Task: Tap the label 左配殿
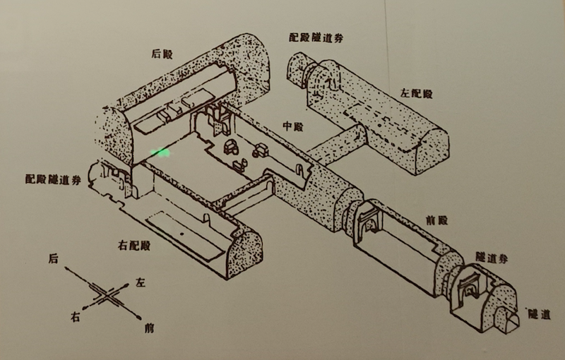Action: (416, 93)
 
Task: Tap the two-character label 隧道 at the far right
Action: (539, 314)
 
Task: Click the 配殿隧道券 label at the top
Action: (317, 37)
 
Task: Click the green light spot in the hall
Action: (160, 152)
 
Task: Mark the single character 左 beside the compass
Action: (140, 283)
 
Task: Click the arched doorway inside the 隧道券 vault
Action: (468, 289)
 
